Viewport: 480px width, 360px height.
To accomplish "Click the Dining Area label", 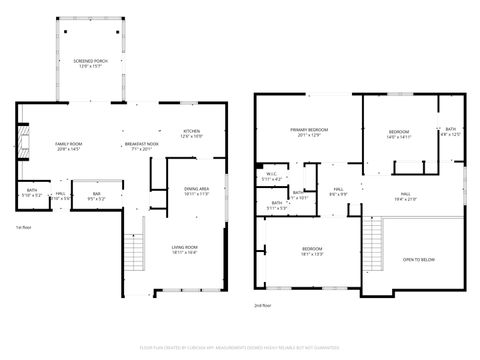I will (x=196, y=191).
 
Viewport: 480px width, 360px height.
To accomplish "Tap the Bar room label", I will (x=97, y=196).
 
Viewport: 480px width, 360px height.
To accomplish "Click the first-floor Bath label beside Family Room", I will (x=32, y=193).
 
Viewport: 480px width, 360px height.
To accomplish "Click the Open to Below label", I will (x=418, y=259).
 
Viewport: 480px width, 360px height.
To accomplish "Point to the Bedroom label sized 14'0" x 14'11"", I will (x=399, y=133).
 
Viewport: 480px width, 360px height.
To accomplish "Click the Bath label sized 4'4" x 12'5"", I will (x=451, y=131).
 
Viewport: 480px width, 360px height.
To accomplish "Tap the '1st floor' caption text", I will (x=23, y=227).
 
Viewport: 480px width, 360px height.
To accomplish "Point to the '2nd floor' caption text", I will (x=262, y=304).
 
